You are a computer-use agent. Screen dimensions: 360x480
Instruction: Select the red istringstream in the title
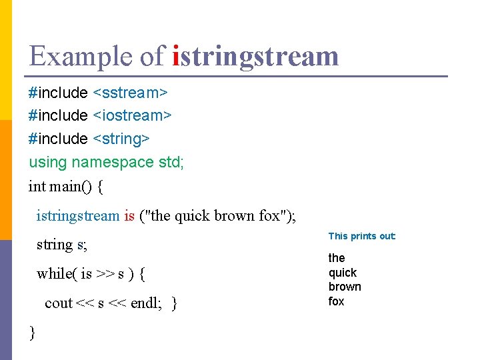pyautogui.click(x=255, y=56)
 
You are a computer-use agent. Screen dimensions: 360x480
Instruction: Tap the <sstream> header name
pyautogui.click(x=130, y=92)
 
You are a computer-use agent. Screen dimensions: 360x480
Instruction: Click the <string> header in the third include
pyautogui.click(x=121, y=139)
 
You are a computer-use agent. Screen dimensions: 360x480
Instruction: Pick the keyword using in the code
pyautogui.click(x=48, y=162)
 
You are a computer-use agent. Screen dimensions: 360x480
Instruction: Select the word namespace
pyautogui.click(x=113, y=162)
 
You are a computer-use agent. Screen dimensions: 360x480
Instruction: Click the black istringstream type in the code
pyautogui.click(x=78, y=216)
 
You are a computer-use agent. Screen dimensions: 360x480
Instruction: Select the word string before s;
pyautogui.click(x=55, y=245)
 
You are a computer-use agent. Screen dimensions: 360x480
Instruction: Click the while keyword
pyautogui.click(x=55, y=273)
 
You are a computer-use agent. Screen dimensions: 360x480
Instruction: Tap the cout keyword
pyautogui.click(x=59, y=303)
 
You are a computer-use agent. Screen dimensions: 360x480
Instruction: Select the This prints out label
pyautogui.click(x=362, y=236)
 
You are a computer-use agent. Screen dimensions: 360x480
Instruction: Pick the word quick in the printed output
pyautogui.click(x=343, y=273)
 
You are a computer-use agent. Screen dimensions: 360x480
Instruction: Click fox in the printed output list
pyautogui.click(x=336, y=301)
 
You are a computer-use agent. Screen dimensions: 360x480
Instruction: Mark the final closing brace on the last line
pyautogui.click(x=33, y=332)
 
